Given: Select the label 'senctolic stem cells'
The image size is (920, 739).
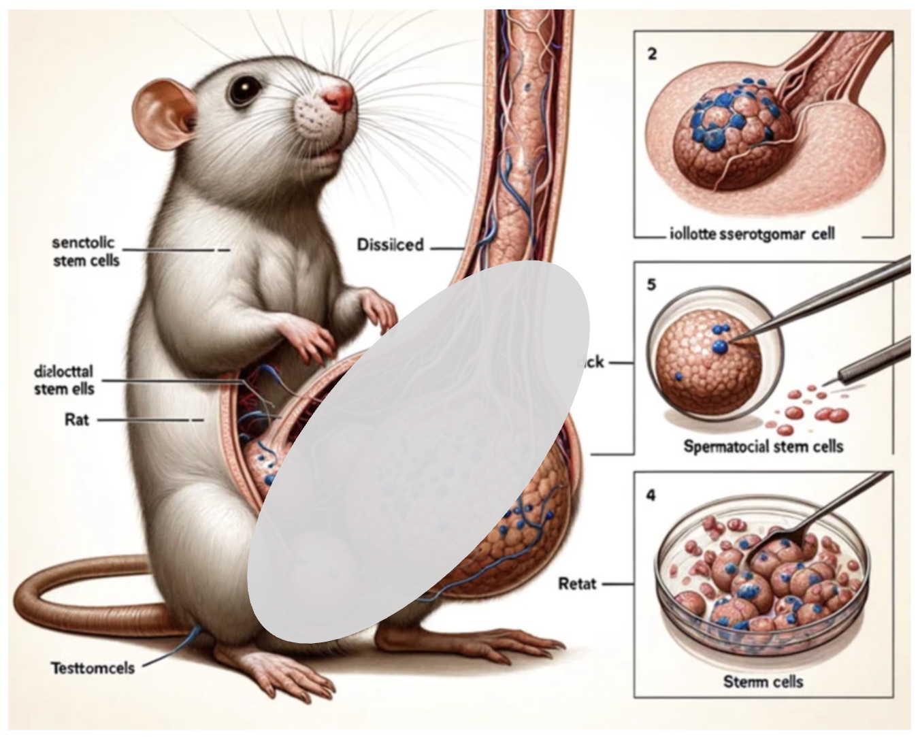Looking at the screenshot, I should (x=85, y=251).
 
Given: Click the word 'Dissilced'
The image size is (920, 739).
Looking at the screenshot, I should (x=390, y=244).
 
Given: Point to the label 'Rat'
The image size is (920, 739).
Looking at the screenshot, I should (x=76, y=419).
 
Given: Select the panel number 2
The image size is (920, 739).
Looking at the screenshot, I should (x=652, y=54).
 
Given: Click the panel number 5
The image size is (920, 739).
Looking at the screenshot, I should (x=651, y=284).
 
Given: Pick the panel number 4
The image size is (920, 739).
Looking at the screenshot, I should (x=651, y=495).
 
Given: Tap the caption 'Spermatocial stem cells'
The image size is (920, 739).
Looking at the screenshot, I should (x=763, y=446).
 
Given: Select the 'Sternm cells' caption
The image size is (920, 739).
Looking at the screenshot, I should (x=763, y=681).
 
